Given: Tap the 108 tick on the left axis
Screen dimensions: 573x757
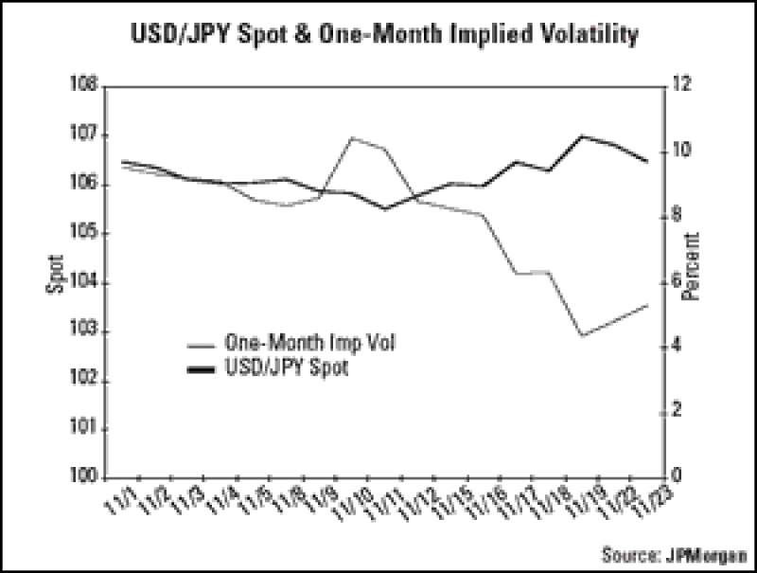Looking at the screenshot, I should pyautogui.click(x=87, y=86).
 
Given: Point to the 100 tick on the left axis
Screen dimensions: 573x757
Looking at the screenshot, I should pyautogui.click(x=87, y=477).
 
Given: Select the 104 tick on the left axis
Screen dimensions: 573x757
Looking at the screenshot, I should pyautogui.click(x=87, y=282).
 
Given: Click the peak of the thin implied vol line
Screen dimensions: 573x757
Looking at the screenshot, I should pyautogui.click(x=352, y=137).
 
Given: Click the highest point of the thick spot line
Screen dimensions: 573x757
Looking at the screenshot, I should pyautogui.click(x=583, y=136).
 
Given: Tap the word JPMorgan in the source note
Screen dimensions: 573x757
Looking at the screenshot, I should pyautogui.click(x=705, y=554).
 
